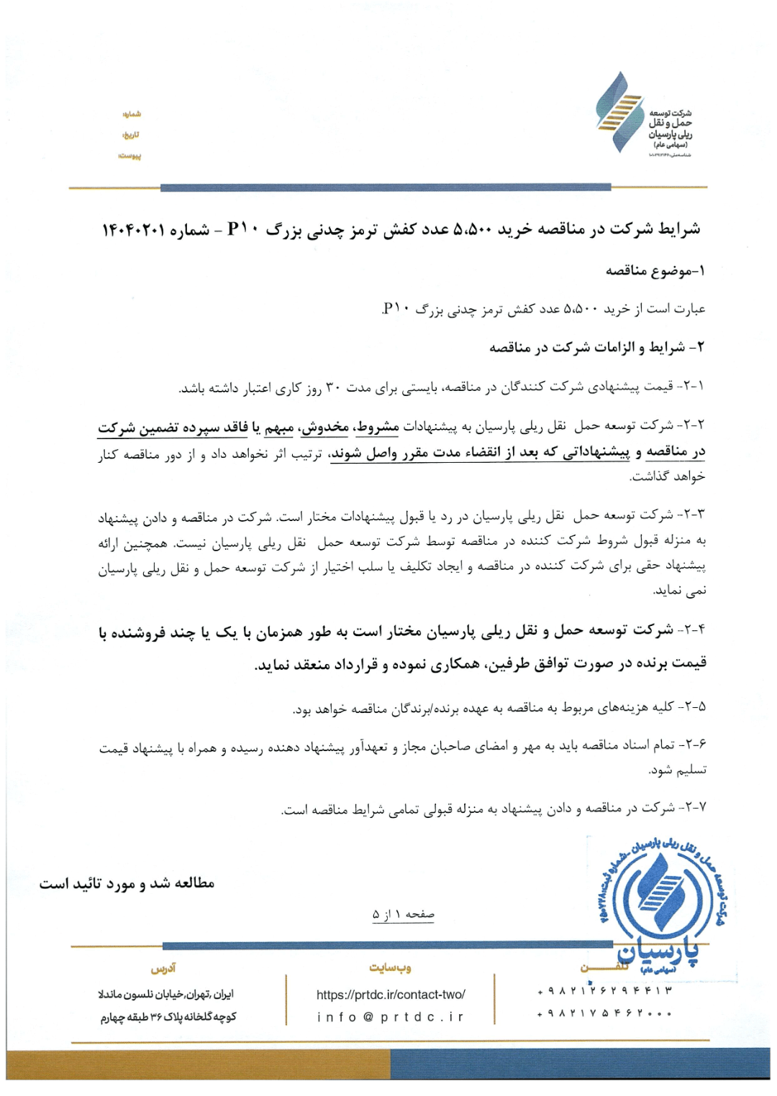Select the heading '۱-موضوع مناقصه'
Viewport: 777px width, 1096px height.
655,271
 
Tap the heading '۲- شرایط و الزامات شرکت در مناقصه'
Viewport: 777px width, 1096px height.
596,348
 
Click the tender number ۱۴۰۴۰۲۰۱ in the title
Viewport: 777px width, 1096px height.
134,230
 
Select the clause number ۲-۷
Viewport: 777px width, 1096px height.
694,808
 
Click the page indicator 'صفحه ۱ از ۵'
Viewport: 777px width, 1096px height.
403,914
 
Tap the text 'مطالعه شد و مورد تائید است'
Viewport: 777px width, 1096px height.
127,883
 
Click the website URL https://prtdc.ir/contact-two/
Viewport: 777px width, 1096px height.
391,995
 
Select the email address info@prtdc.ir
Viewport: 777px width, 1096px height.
391,1017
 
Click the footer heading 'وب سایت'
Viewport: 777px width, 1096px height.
391,968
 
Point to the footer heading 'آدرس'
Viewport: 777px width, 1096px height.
163,969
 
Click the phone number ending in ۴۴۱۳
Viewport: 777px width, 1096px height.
604,991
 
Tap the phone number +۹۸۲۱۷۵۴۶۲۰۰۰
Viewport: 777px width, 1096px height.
604,1014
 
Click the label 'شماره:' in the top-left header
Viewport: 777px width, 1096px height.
132,114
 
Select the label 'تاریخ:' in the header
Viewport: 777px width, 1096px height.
131,135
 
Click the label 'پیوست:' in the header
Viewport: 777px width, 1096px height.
130,156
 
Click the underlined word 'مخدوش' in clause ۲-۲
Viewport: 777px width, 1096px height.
325,428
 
